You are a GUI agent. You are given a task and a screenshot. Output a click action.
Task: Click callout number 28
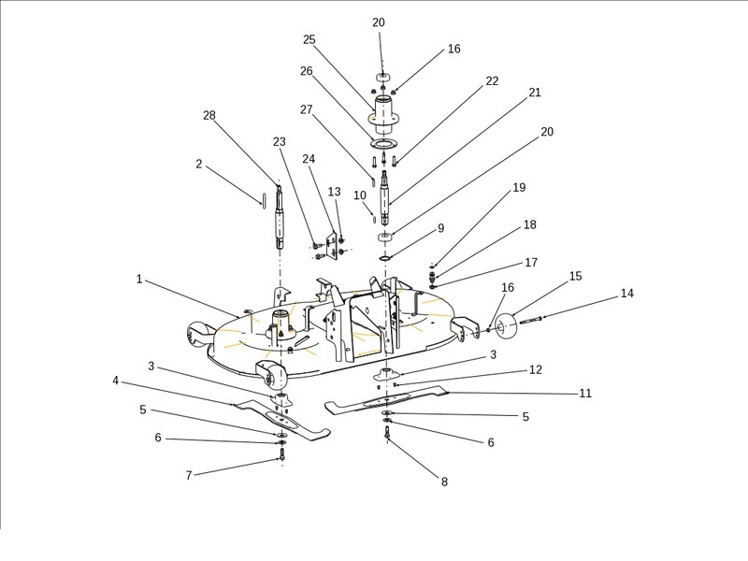click(x=209, y=115)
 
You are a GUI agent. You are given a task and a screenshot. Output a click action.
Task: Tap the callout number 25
click(x=309, y=39)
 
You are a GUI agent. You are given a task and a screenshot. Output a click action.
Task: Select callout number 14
click(x=627, y=294)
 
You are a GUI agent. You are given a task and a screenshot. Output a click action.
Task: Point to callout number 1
click(x=139, y=279)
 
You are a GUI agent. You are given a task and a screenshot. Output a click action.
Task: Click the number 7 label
click(x=189, y=476)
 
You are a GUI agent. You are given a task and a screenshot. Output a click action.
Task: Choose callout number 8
click(x=444, y=482)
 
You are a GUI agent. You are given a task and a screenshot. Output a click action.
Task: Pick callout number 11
click(x=585, y=394)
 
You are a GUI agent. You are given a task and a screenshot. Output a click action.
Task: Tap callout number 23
click(x=280, y=141)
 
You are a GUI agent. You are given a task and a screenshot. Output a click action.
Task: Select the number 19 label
click(x=520, y=188)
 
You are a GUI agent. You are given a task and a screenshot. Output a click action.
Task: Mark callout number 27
click(x=306, y=109)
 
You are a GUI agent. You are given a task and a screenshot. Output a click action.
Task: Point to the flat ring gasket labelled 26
click(x=383, y=143)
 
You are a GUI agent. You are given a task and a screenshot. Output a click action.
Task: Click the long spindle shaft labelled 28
click(x=279, y=216)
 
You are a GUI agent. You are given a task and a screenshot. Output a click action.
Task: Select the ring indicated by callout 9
click(x=385, y=257)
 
